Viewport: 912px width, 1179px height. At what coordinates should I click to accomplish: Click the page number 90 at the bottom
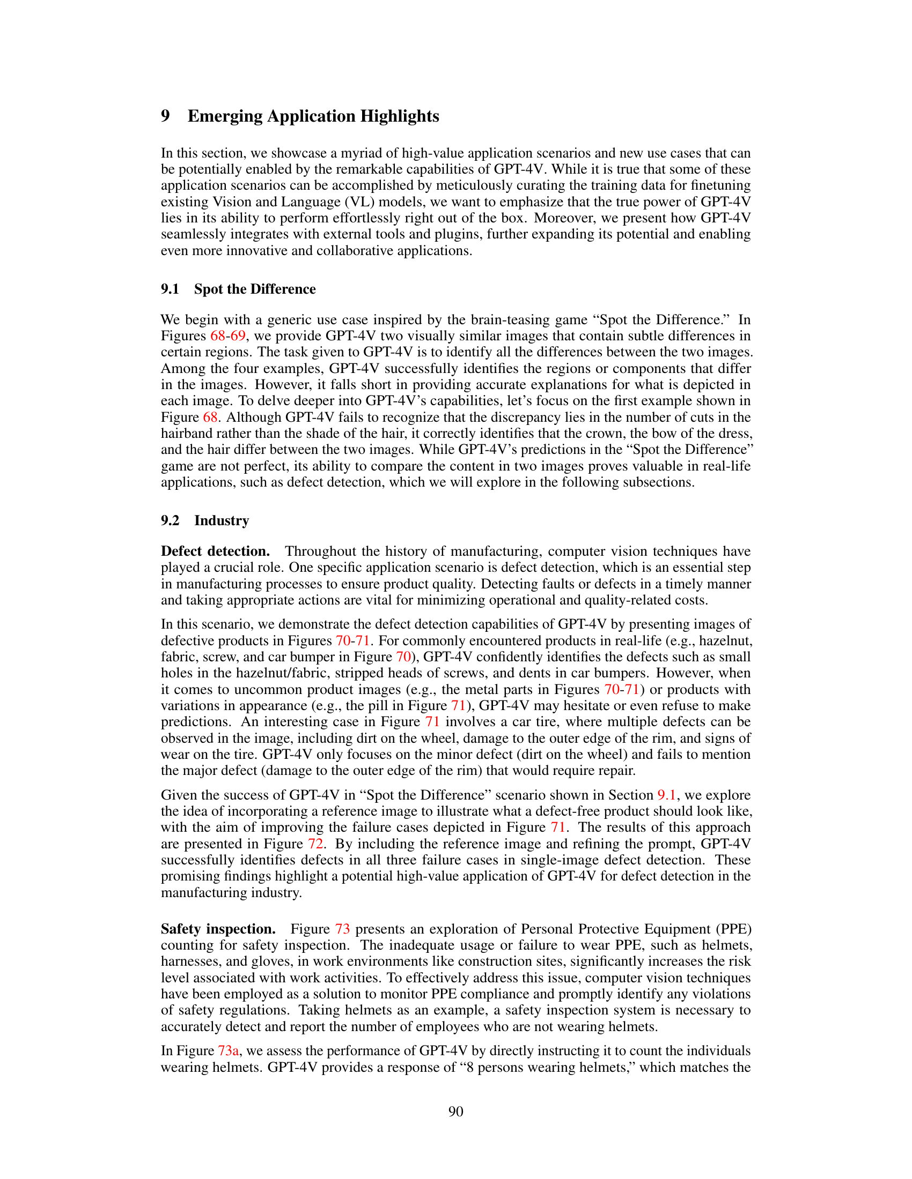click(455, 1111)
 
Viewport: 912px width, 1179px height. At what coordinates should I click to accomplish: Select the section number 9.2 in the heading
click(170, 520)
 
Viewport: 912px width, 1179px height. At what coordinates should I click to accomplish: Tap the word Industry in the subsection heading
click(222, 520)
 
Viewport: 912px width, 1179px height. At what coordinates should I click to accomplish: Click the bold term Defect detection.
click(215, 551)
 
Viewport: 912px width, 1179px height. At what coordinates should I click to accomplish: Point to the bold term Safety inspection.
click(218, 929)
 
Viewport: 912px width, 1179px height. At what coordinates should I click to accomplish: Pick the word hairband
click(186, 434)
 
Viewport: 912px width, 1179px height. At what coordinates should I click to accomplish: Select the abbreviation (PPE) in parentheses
click(734, 929)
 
